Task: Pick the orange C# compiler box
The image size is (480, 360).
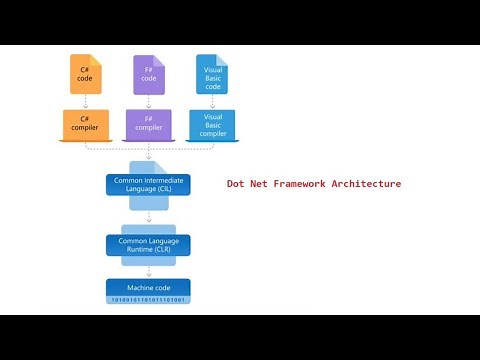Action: click(85, 124)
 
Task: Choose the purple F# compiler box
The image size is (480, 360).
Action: click(147, 124)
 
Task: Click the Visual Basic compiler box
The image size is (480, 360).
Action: click(212, 124)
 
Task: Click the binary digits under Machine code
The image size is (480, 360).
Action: click(148, 300)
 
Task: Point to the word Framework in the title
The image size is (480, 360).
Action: click(292, 184)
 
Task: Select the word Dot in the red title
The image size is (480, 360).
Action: click(237, 184)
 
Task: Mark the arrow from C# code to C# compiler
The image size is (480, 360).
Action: click(85, 102)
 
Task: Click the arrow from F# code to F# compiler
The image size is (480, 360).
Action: click(147, 102)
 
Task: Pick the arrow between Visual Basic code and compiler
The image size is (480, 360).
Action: click(212, 102)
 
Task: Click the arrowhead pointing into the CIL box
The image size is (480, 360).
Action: click(148, 166)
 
